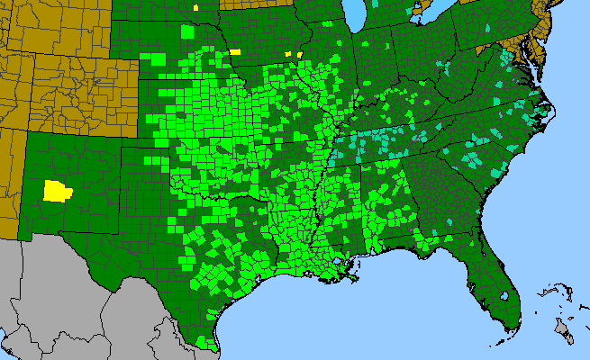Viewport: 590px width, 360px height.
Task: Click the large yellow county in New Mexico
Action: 59,190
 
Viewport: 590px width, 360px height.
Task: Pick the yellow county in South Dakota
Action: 196,6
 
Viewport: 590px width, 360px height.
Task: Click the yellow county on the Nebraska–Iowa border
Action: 235,51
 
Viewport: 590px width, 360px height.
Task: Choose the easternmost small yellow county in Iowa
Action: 299,53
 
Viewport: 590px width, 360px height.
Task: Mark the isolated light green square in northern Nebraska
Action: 186,32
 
